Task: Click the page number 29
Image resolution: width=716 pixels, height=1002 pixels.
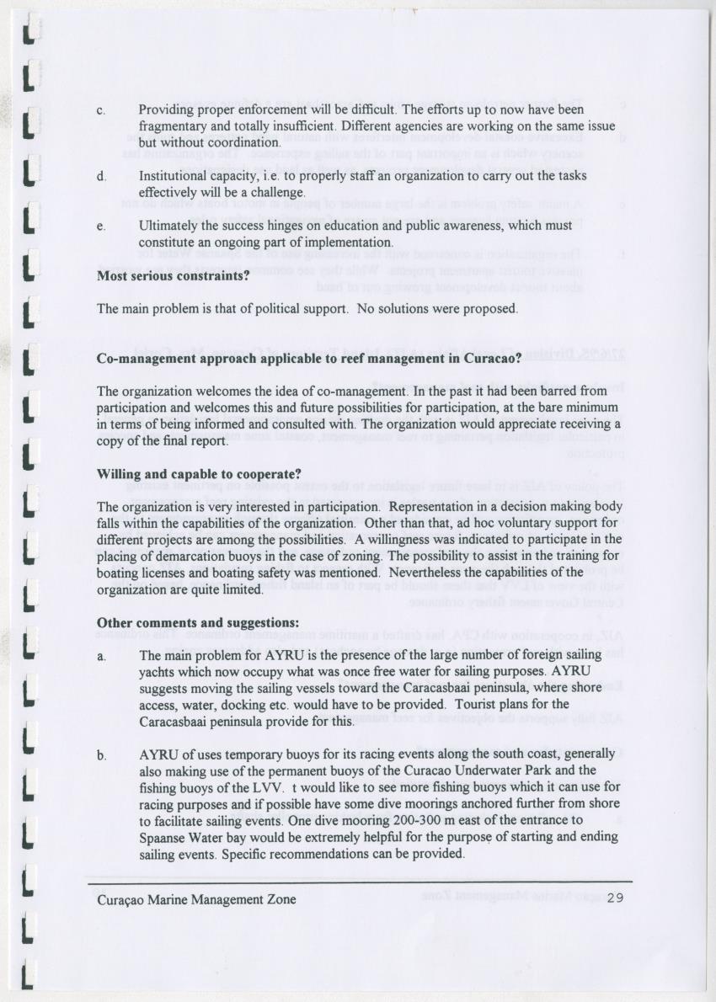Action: (x=614, y=899)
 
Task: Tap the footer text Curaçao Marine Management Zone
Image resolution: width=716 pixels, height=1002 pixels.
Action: (x=196, y=899)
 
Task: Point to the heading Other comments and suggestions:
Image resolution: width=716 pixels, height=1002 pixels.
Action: (x=198, y=622)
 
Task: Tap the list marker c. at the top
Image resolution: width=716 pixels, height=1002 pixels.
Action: (x=101, y=110)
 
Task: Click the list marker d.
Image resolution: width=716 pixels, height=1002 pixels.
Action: (x=101, y=177)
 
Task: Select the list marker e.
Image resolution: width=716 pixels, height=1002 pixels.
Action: (x=101, y=227)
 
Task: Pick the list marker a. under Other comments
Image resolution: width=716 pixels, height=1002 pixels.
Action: (x=101, y=655)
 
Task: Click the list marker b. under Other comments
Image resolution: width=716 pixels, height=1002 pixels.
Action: (x=101, y=755)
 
